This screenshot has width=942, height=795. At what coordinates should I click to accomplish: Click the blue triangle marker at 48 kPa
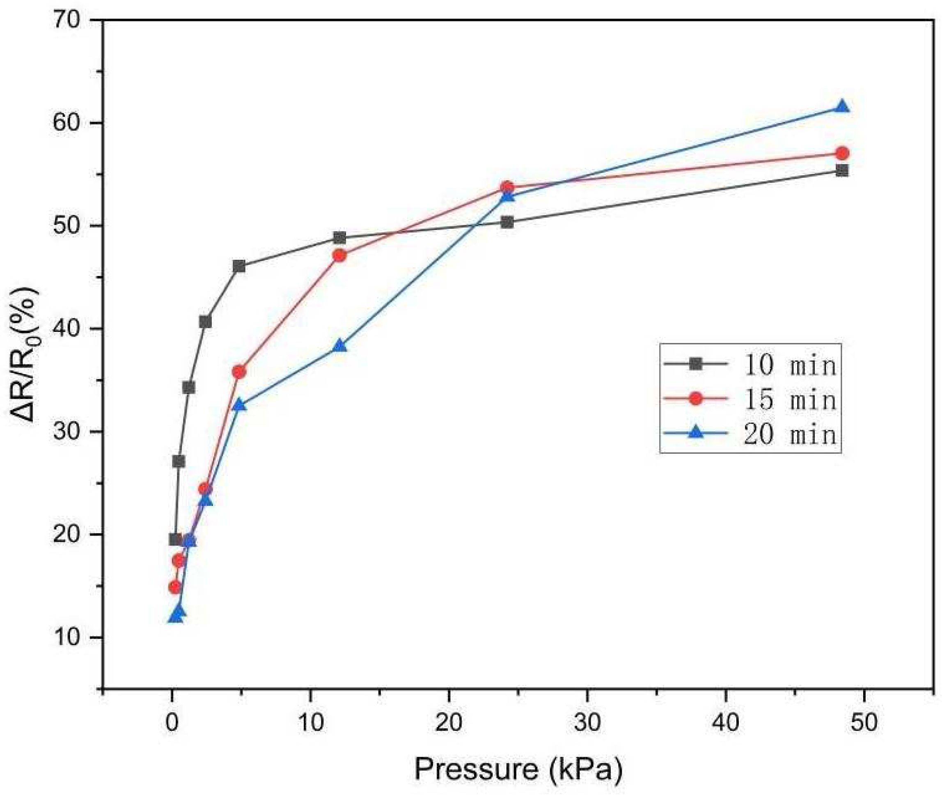[x=841, y=107]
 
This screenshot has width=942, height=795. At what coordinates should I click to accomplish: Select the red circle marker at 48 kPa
[x=841, y=153]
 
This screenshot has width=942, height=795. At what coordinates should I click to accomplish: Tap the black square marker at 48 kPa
[x=841, y=170]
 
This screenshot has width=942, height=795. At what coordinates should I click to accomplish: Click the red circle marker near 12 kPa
[x=339, y=255]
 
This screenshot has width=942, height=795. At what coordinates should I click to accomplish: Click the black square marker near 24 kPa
[x=507, y=222]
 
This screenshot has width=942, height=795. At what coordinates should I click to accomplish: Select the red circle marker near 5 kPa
[x=239, y=372]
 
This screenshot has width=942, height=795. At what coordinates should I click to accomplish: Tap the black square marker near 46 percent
[x=239, y=267]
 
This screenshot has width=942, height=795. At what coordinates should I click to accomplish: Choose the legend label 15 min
[x=790, y=399]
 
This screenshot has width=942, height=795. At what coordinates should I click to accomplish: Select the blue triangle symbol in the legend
[x=696, y=433]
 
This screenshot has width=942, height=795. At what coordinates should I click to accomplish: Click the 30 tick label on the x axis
[x=587, y=722]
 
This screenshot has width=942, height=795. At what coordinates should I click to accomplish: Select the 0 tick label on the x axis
[x=172, y=722]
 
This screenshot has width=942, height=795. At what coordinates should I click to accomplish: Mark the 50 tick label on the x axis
[x=864, y=722]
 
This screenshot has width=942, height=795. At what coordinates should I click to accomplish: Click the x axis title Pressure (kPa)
[x=518, y=769]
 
